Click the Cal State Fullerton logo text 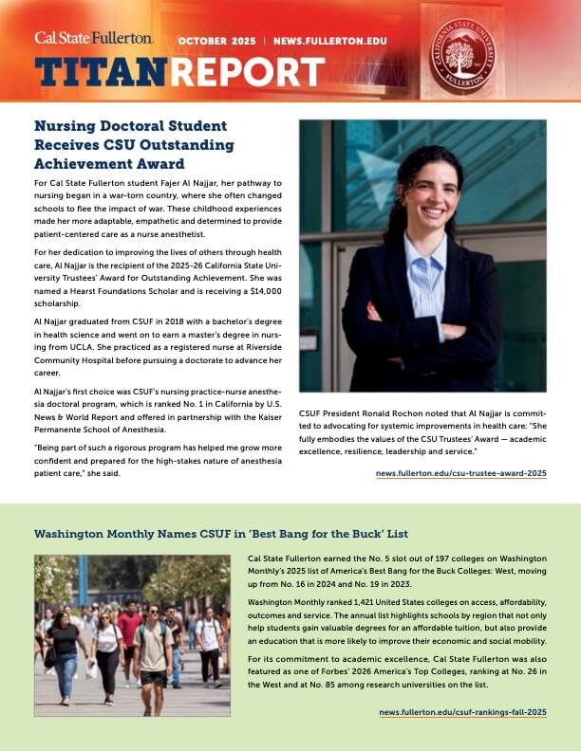coord(93,38)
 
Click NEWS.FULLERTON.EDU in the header coord(328,43)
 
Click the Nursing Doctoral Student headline coord(134,135)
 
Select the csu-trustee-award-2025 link coord(460,472)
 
